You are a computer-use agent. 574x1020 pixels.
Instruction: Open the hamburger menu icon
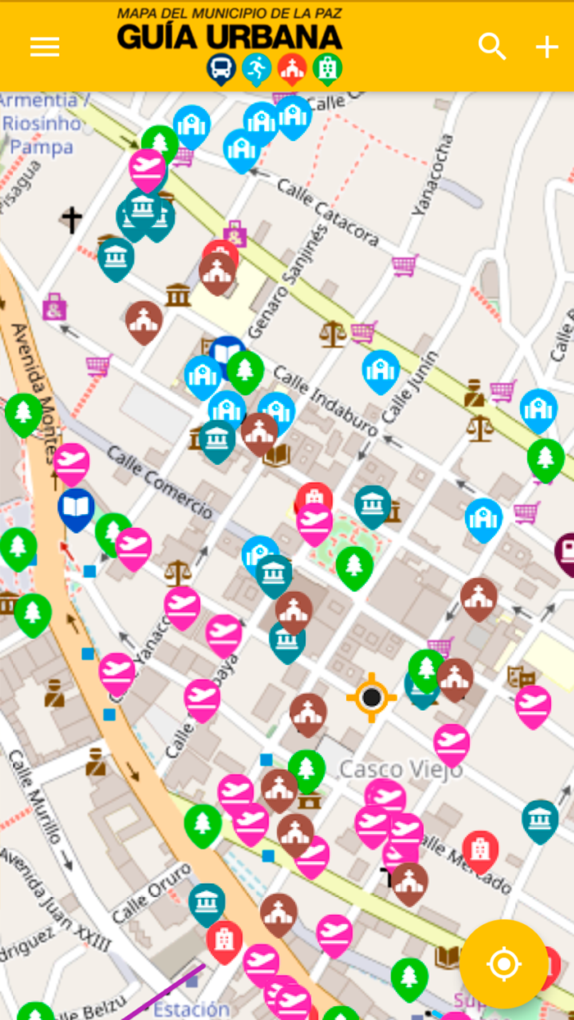[x=44, y=47]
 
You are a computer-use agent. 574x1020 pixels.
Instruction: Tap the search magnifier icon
[x=492, y=47]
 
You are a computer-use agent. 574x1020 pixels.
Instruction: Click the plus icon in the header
[x=547, y=47]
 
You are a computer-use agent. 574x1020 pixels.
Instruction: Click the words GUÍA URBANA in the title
[x=229, y=36]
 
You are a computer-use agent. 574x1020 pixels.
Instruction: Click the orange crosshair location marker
[x=371, y=698]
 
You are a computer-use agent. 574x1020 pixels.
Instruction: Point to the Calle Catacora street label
[x=327, y=212]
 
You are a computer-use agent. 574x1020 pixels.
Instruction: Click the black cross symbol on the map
[x=72, y=220]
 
